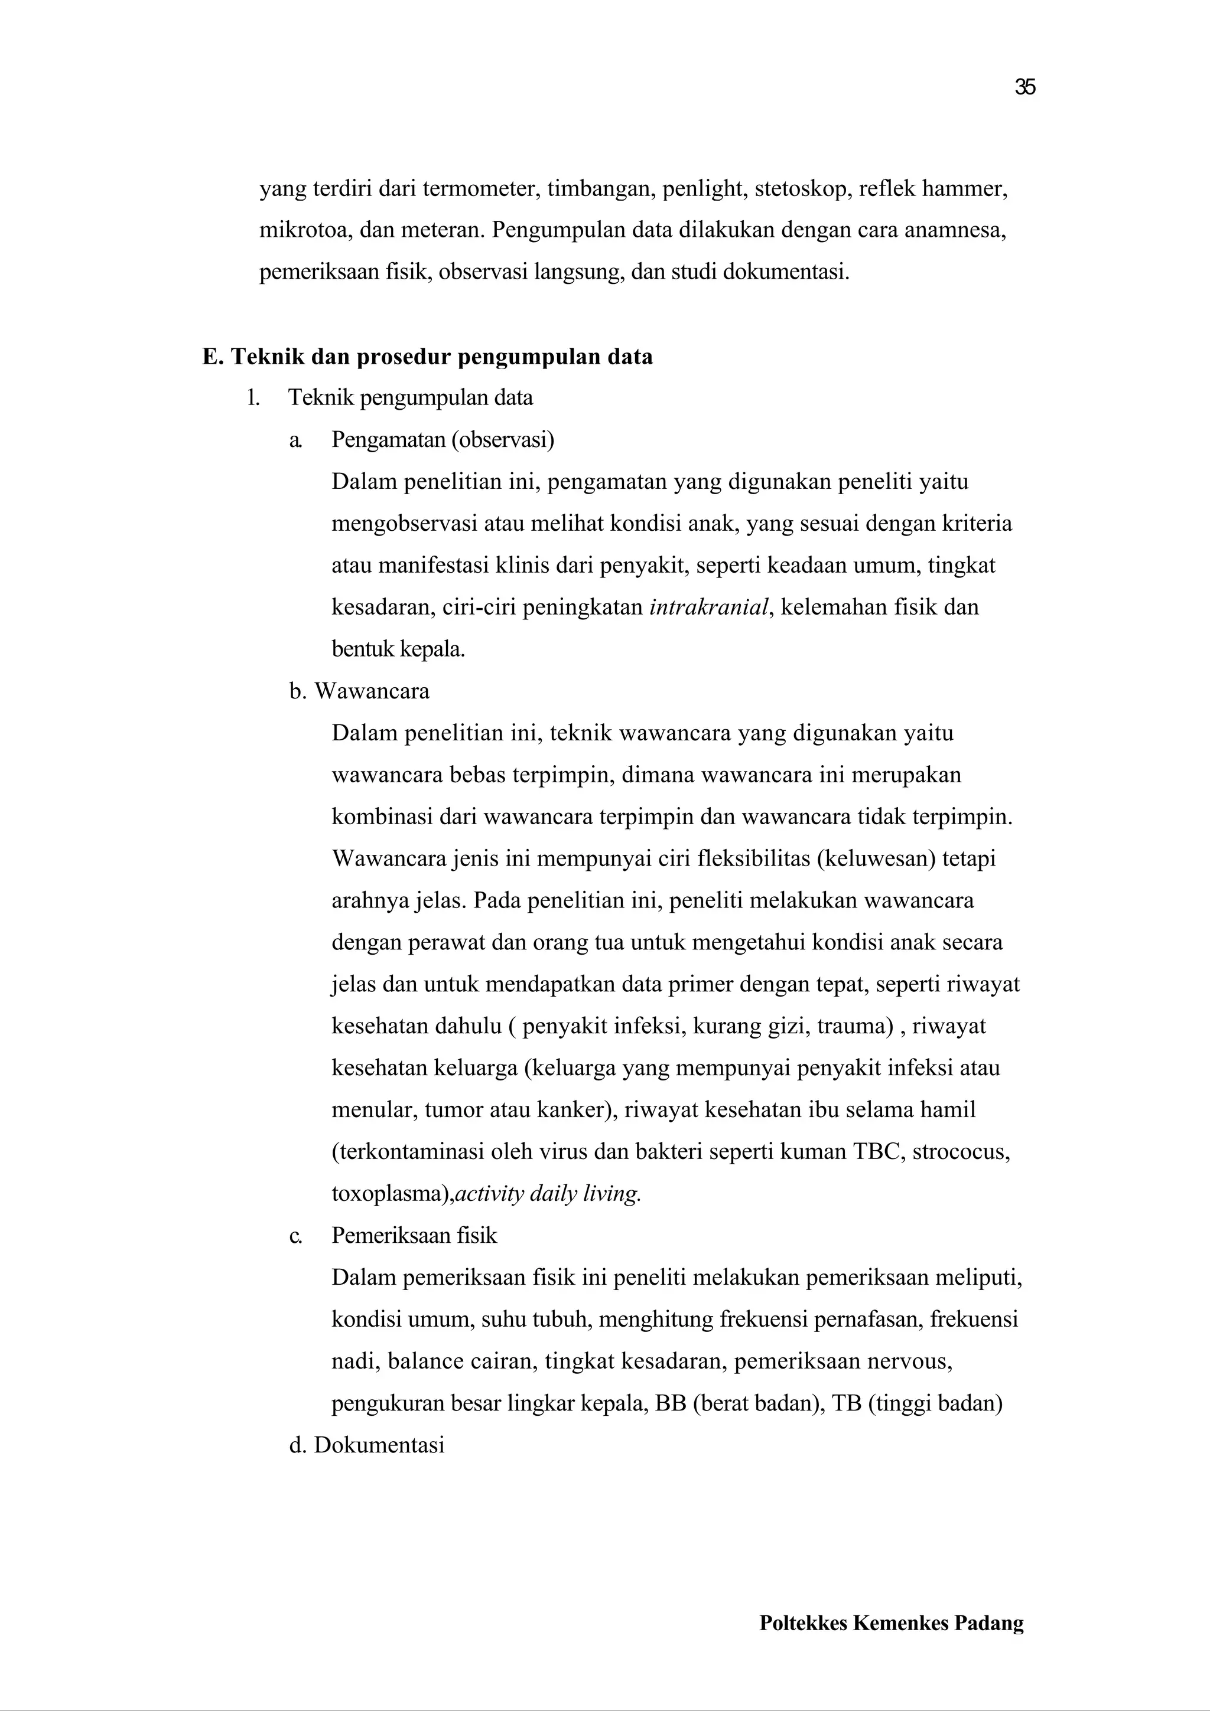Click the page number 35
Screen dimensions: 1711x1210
1024,88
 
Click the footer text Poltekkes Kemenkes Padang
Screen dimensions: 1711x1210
891,1643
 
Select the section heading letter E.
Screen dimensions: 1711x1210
212,357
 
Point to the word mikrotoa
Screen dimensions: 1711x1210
302,230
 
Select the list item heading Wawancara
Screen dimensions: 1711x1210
371,691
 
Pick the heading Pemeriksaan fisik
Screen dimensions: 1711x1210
414,1236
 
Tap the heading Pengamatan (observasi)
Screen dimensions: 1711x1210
443,440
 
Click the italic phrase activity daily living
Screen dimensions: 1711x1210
548,1194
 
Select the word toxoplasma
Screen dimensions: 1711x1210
388,1194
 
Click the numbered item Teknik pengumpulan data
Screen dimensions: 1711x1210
410,398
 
